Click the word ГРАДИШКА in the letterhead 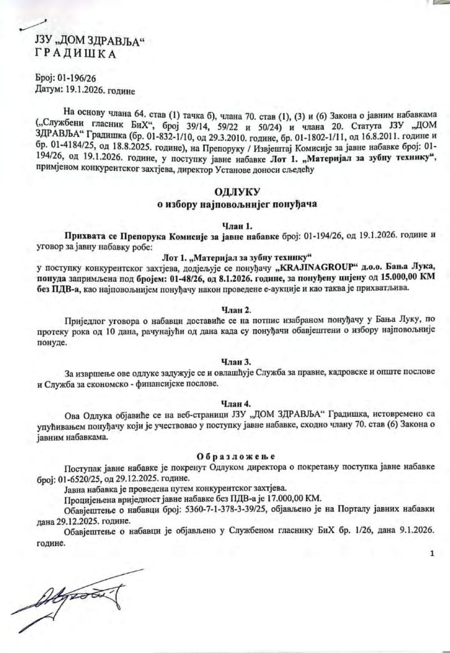tap(75, 55)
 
